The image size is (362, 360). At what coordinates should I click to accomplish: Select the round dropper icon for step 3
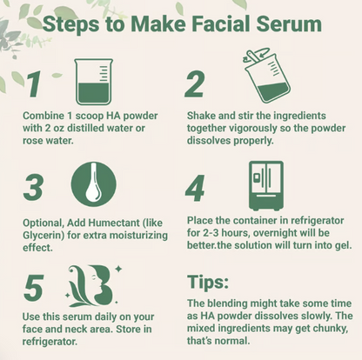[93, 183]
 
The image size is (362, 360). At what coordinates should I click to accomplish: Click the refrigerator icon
[266, 184]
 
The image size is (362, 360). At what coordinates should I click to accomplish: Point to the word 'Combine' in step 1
[43, 116]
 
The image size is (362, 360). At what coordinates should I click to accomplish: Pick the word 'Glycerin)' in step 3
[46, 232]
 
